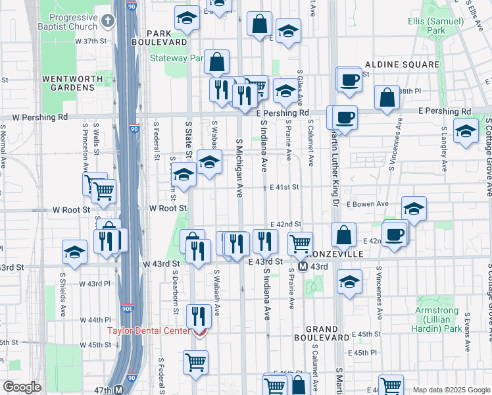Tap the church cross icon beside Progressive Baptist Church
point(108,21)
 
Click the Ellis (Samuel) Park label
point(435,26)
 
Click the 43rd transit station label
point(318,267)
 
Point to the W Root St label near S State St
point(168,208)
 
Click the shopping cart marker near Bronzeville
point(300,243)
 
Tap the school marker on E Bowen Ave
point(414,209)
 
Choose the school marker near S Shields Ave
point(74,253)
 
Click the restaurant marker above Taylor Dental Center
point(198,315)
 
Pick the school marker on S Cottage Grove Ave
point(466,130)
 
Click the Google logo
point(22,387)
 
